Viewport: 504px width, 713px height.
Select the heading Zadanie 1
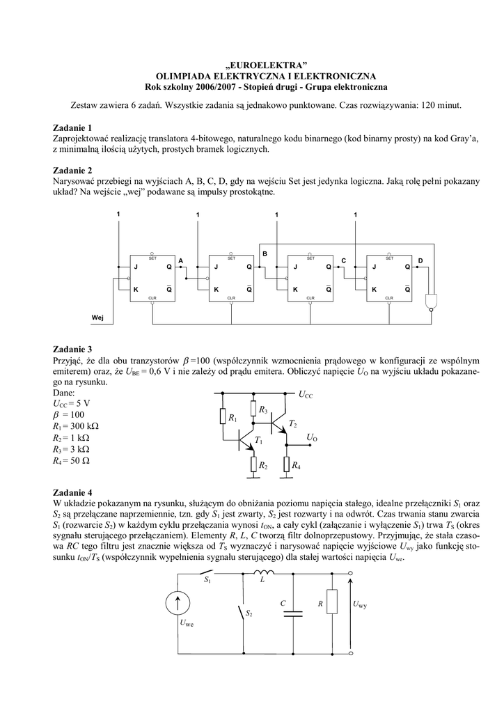(x=72, y=128)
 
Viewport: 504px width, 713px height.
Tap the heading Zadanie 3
(x=72, y=349)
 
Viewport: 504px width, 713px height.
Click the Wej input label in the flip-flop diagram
(x=98, y=318)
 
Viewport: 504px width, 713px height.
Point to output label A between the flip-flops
(x=180, y=260)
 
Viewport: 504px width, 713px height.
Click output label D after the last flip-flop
(x=420, y=260)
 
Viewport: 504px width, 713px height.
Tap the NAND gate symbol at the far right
(x=434, y=300)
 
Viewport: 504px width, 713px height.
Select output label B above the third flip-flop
(x=265, y=254)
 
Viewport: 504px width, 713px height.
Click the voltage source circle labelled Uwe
(x=179, y=603)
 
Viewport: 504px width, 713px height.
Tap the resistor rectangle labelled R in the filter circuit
(x=332, y=604)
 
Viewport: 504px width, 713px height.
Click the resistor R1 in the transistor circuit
(x=223, y=418)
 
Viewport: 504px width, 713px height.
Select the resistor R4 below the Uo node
(x=288, y=465)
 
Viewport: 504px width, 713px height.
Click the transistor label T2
(x=292, y=424)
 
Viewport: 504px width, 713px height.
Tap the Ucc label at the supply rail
(x=307, y=395)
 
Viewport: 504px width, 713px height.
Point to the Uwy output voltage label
(x=360, y=604)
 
